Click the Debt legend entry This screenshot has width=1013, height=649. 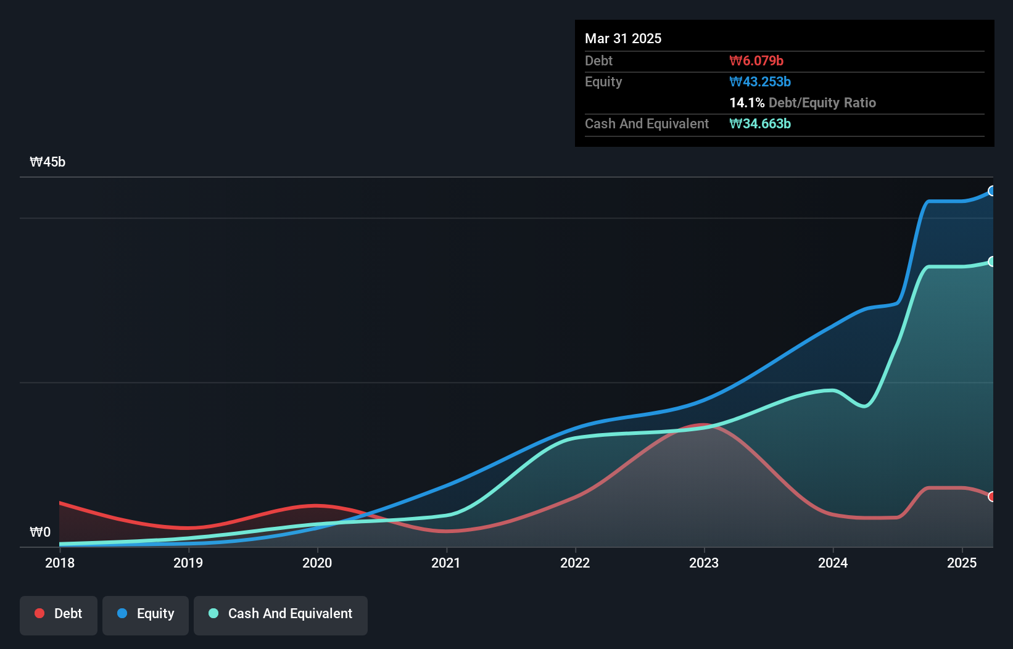(59, 614)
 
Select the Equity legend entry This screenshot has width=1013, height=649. (146, 614)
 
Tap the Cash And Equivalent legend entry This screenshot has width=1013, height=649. (281, 614)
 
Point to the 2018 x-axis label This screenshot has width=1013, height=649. (60, 563)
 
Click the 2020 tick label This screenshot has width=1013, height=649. (317, 563)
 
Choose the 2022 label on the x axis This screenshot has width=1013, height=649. (575, 563)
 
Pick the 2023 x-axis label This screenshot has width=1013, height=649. (704, 563)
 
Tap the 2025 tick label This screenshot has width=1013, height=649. (962, 563)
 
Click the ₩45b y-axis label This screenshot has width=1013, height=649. (48, 162)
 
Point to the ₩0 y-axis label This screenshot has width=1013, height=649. (40, 532)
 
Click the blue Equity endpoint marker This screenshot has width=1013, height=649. (991, 191)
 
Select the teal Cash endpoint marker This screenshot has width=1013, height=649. (991, 262)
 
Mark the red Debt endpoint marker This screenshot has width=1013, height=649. (991, 497)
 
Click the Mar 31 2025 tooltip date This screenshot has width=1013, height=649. (623, 39)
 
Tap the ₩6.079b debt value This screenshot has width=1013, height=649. (756, 61)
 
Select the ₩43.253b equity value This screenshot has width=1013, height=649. (760, 82)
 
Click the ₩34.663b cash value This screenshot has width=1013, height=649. (760, 124)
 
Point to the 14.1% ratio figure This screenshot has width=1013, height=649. (746, 103)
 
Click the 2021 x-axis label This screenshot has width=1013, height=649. (446, 563)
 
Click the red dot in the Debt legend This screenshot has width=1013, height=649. (39, 613)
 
